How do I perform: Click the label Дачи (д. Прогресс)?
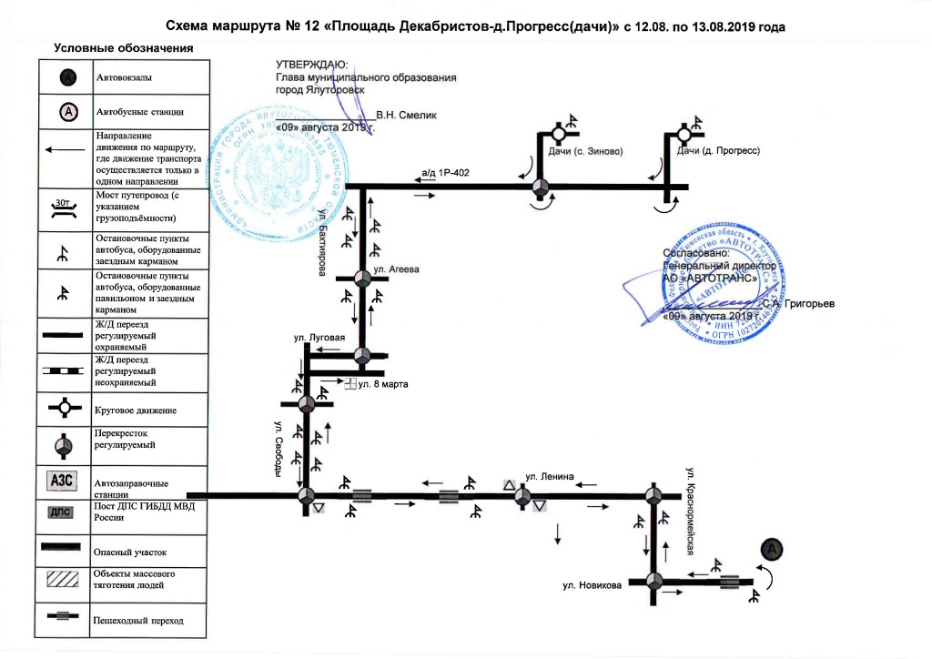pyautogui.click(x=717, y=151)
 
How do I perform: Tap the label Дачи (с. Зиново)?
pyautogui.click(x=585, y=151)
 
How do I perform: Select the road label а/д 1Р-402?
pyautogui.click(x=445, y=172)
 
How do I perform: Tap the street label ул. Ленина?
pyautogui.click(x=546, y=476)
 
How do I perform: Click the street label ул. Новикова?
pyautogui.click(x=592, y=586)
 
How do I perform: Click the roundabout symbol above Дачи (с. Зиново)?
pyautogui.click(x=557, y=136)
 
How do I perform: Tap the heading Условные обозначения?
pyautogui.click(x=124, y=47)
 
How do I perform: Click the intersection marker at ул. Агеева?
pyautogui.click(x=362, y=280)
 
